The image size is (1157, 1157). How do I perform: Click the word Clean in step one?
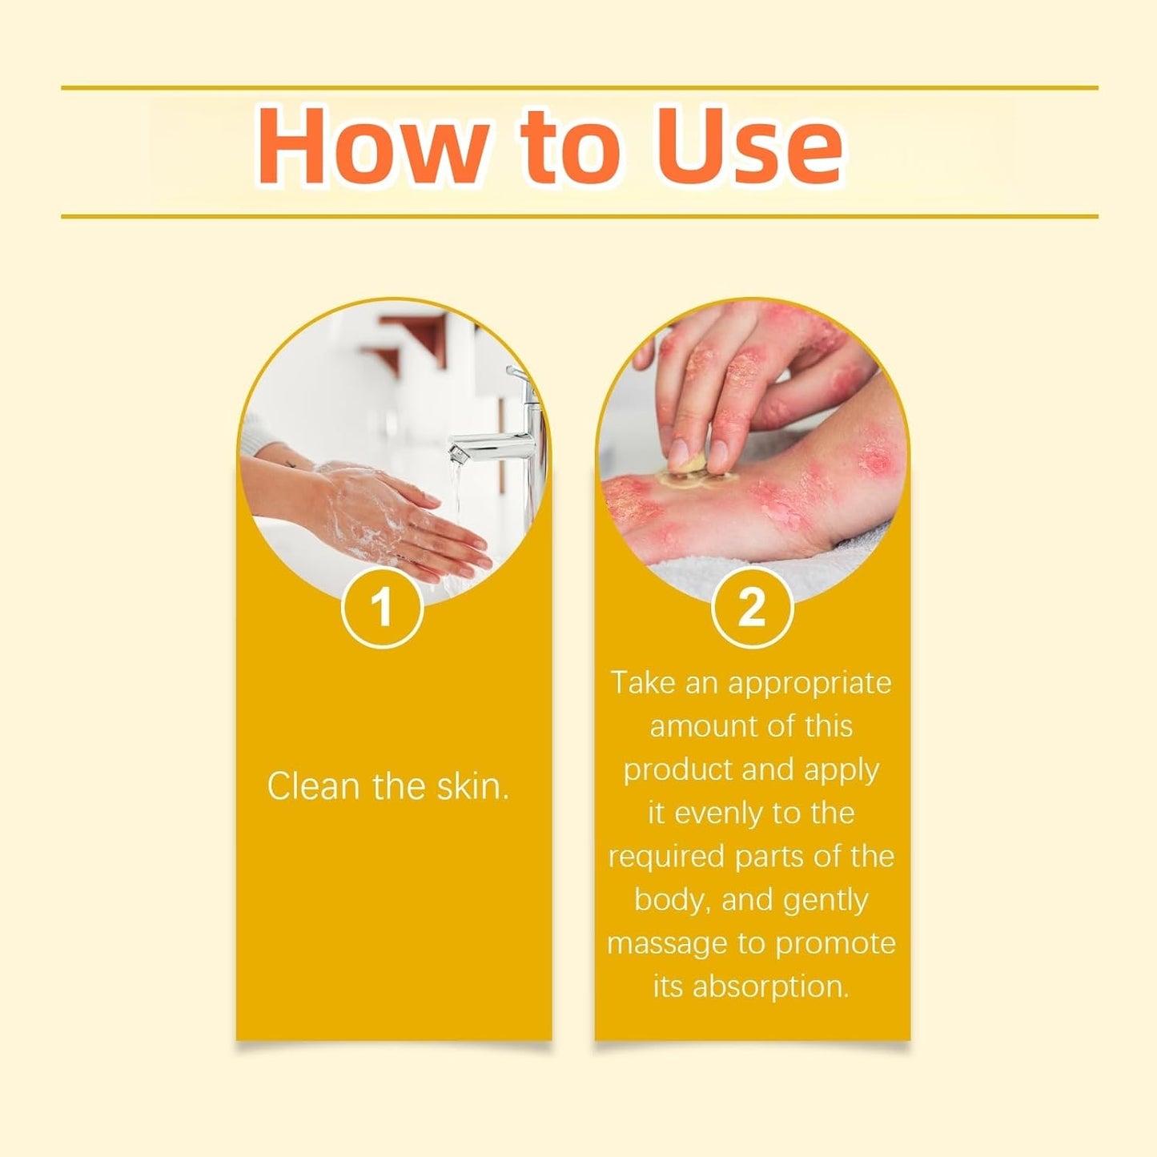tap(313, 786)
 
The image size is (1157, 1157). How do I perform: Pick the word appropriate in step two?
tap(809, 683)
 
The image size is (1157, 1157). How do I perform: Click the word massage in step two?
tap(669, 943)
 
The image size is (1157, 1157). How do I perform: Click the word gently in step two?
tap(826, 900)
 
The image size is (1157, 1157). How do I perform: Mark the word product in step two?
tap(678, 770)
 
